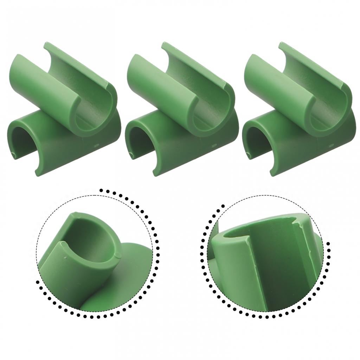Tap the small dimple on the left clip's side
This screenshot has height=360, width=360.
tap(95, 144)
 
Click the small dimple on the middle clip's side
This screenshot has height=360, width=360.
tap(213, 144)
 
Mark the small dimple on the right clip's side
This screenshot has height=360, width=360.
tap(330, 144)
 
